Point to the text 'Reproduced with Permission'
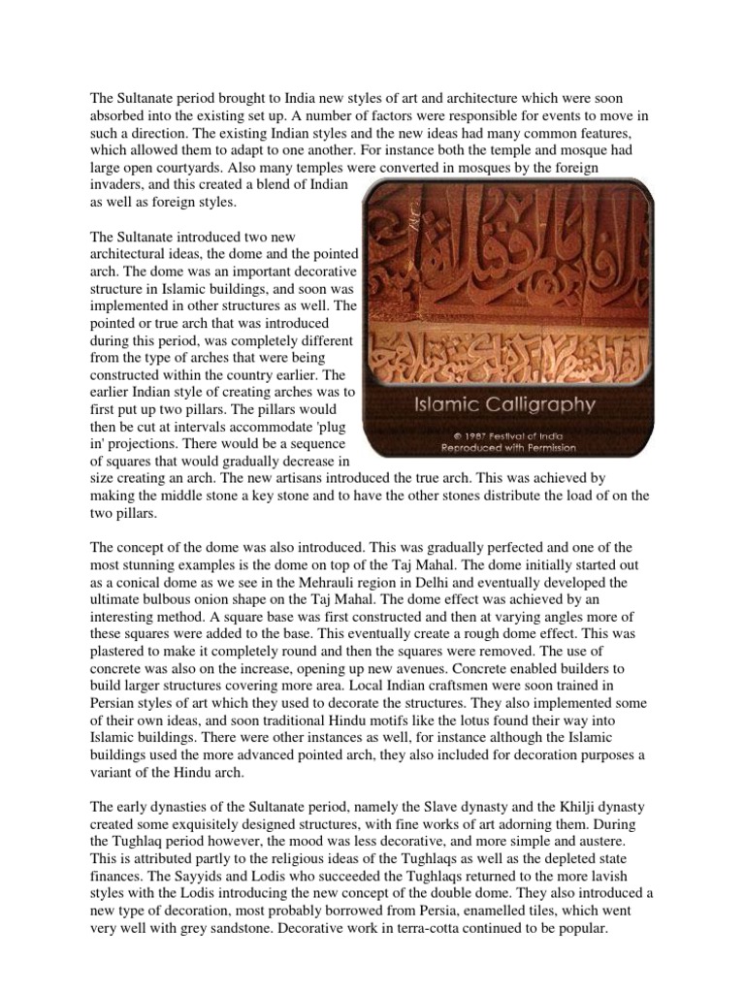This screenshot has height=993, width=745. click(x=508, y=448)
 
